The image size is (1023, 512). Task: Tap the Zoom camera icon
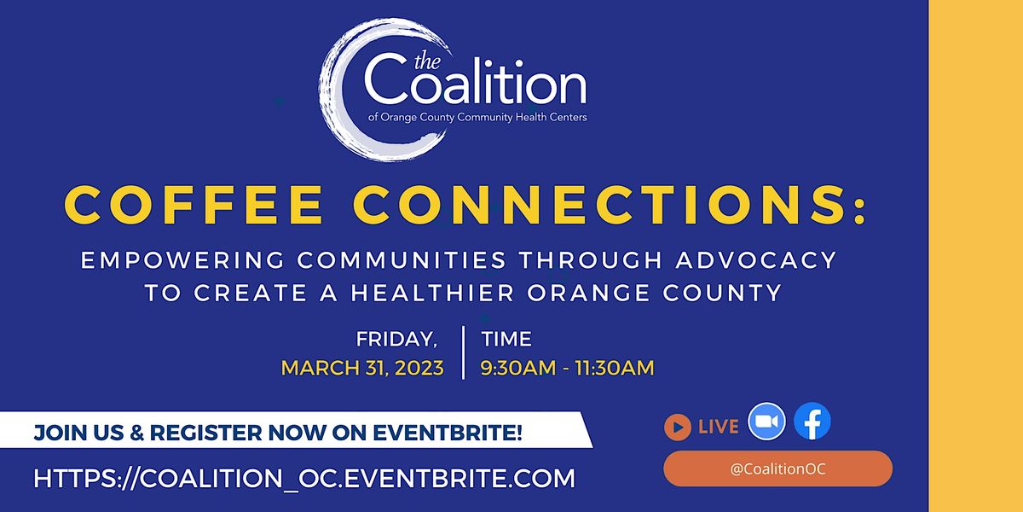[766, 422]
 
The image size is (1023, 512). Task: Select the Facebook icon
[812, 422]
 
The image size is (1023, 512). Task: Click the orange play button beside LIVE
[677, 427]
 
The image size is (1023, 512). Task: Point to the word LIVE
[718, 427]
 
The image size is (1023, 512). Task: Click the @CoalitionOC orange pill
[777, 468]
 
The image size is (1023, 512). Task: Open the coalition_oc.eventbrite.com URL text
[304, 478]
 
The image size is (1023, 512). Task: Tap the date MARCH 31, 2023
[362, 369]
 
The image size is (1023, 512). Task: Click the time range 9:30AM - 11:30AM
[568, 369]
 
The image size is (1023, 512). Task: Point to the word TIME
[506, 339]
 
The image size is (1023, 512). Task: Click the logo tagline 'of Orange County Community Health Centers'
[477, 117]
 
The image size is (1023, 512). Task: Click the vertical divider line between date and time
[463, 352]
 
